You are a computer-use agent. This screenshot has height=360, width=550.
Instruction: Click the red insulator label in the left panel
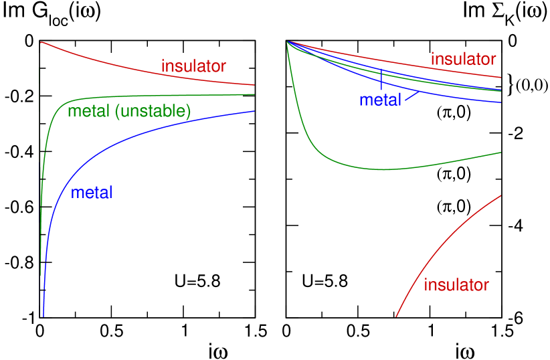coord(193,66)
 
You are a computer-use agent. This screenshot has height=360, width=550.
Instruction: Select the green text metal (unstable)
coord(129,111)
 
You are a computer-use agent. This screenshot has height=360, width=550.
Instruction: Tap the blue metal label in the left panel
coord(92,193)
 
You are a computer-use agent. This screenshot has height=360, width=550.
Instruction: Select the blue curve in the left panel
coord(134,133)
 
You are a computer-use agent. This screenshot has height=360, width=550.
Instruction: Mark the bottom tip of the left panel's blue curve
coord(43,316)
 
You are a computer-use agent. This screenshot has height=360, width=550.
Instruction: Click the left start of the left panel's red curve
coord(41,42)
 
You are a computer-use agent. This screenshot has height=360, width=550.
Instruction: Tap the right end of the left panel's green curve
coord(254,94)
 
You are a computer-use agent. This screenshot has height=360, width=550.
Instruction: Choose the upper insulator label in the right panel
coord(463,59)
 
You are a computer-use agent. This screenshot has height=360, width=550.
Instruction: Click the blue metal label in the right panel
coord(380,100)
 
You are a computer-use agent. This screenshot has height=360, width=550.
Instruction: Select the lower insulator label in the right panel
coord(456,285)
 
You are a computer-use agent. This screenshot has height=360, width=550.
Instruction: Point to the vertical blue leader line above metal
coord(381,80)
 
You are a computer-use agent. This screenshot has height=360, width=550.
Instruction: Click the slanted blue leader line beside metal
coord(411,96)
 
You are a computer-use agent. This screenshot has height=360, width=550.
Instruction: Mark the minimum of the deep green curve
coord(385,169)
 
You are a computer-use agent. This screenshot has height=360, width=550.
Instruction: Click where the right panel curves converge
coord(288,42)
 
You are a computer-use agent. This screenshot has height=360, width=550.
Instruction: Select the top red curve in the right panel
coord(401,61)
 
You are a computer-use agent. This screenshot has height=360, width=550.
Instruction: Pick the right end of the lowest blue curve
coord(501,102)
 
